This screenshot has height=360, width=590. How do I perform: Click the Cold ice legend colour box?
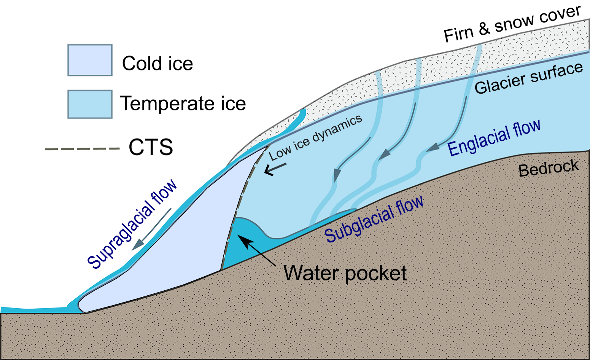coord(90,60)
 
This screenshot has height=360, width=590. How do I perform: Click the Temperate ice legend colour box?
coord(90,104)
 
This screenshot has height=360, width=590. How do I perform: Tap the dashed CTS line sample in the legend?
coord(83,149)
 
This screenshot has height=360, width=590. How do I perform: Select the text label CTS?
coord(151,147)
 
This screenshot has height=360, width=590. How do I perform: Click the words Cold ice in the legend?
coord(157,64)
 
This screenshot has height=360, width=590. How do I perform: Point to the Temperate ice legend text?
coord(183,103)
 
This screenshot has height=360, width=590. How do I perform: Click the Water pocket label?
coord(345,273)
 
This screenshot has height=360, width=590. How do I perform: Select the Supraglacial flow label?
coord(132,224)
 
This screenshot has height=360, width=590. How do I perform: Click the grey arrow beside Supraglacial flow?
coord(151,229)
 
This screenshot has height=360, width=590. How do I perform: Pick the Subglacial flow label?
coord(374,219)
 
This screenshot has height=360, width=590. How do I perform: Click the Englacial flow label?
coord(494,138)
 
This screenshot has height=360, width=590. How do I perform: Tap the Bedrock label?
coord(549,168)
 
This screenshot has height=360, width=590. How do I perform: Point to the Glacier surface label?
coord(529,78)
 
